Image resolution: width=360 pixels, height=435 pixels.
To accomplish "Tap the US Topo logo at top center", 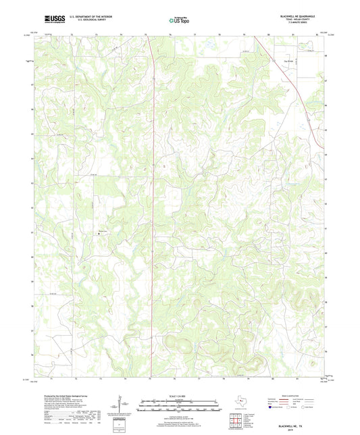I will (179, 21).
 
